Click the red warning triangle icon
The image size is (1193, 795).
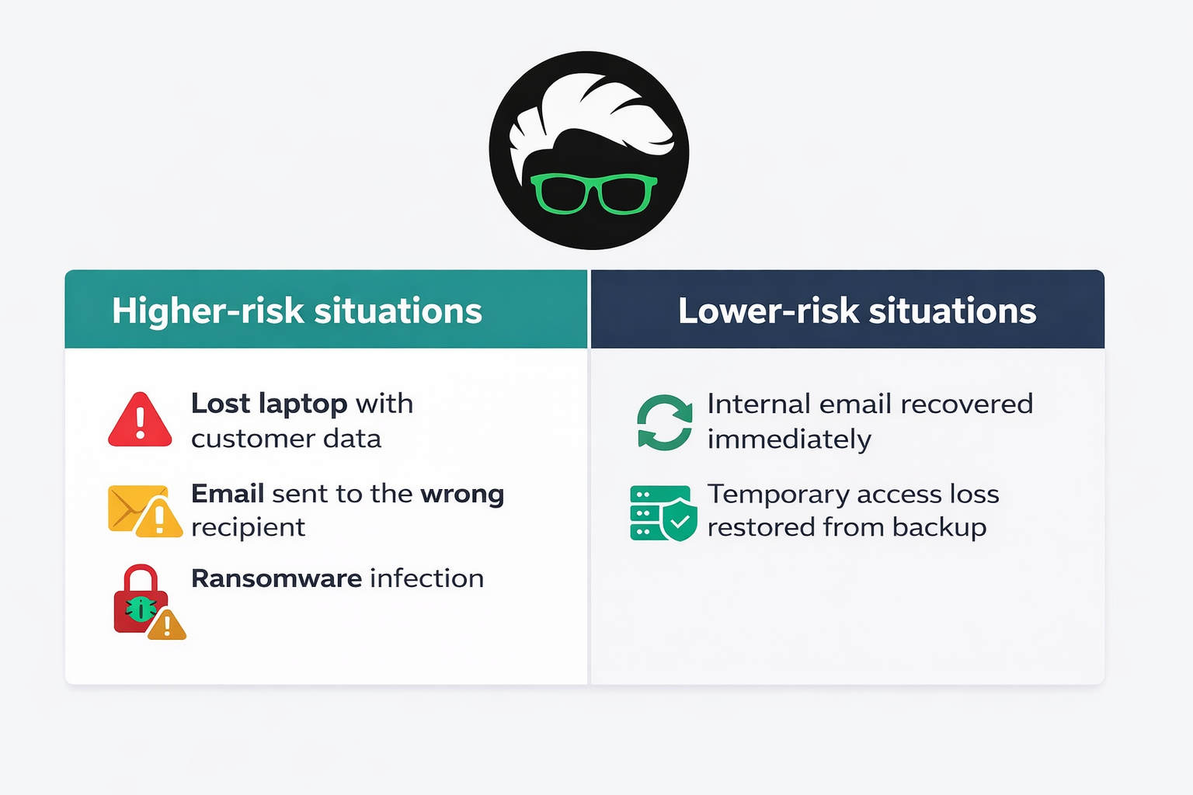[140, 421]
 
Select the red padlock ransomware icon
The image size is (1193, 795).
[140, 599]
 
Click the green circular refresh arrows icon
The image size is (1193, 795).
[664, 422]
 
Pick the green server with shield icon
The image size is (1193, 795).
[663, 513]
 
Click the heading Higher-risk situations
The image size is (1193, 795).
[297, 311]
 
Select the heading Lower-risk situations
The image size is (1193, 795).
[857, 311]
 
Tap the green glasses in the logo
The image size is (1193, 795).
[593, 194]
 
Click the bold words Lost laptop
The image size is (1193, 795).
[269, 404]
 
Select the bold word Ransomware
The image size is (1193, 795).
[277, 578]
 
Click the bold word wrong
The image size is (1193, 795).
[462, 494]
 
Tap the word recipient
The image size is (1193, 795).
[248, 528]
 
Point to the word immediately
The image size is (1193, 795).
[789, 439]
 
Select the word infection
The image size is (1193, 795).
[426, 578]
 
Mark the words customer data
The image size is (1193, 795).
[286, 439]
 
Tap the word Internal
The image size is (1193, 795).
[759, 404]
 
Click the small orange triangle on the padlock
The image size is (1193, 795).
[167, 626]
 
